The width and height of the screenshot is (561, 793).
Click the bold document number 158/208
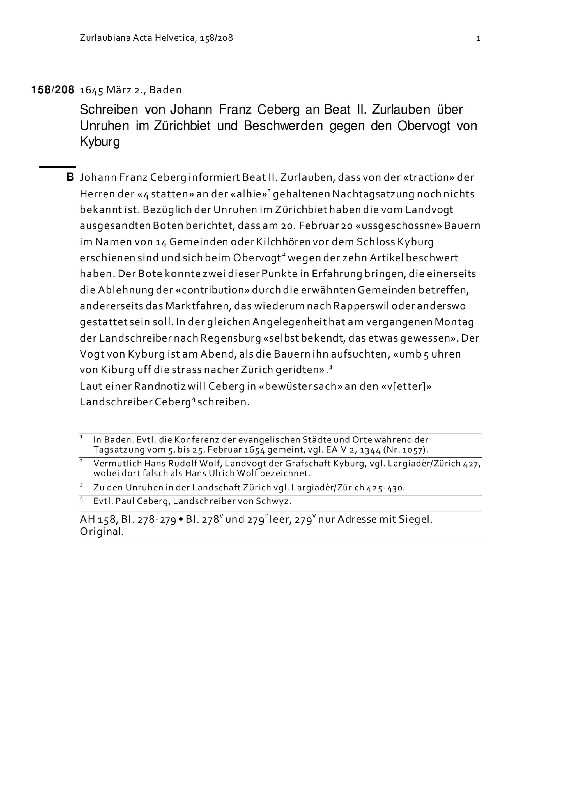click(x=52, y=90)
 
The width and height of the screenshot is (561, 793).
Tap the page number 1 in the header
click(x=478, y=38)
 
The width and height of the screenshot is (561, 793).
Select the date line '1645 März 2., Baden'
click(x=131, y=90)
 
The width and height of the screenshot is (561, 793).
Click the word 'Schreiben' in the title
click(x=109, y=110)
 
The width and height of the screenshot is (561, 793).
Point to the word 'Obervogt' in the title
click(x=424, y=126)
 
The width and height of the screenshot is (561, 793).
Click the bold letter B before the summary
click(x=70, y=177)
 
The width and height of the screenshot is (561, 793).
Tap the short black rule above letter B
click(x=57, y=167)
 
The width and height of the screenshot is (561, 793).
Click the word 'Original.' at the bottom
click(x=102, y=532)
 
